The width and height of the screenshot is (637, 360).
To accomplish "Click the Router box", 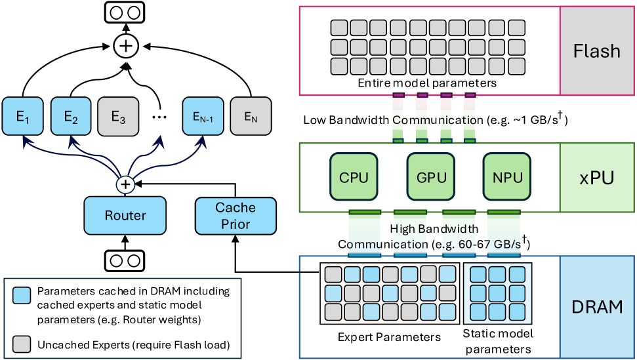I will (125, 215).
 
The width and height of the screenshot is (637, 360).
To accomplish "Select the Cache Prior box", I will (235, 216).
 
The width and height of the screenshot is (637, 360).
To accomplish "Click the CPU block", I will (354, 177).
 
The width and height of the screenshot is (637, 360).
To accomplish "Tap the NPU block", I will (506, 177).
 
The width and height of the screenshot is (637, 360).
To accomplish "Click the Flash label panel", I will (597, 51).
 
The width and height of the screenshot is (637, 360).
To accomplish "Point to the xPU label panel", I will (597, 177).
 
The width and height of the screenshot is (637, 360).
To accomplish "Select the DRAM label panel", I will (597, 306).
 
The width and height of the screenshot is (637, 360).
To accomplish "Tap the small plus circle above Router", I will (125, 185).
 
